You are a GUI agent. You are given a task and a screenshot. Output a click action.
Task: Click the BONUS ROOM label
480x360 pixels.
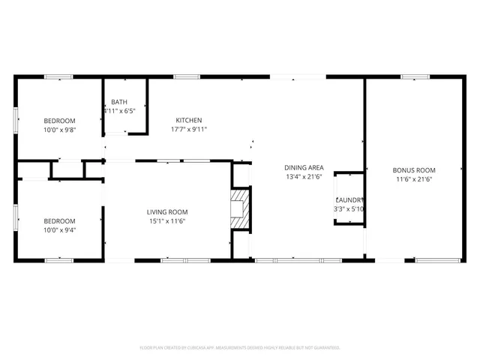(x=414, y=169)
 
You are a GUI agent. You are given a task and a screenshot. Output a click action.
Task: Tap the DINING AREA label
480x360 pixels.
(x=304, y=167)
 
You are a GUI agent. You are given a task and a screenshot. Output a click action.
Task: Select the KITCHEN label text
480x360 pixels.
(x=189, y=120)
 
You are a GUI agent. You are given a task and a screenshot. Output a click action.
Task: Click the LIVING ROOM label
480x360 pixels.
(x=166, y=211)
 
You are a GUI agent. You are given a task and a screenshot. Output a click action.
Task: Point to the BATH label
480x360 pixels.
(x=119, y=102)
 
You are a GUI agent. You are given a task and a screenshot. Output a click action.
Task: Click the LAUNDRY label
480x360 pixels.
(x=349, y=200)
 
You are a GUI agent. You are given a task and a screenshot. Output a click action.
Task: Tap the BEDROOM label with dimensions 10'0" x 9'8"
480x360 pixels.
(x=59, y=121)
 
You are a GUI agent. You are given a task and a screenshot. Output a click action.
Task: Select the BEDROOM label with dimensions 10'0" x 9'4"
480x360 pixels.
(x=59, y=220)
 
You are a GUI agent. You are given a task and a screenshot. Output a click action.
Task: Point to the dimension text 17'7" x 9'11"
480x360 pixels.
(x=189, y=129)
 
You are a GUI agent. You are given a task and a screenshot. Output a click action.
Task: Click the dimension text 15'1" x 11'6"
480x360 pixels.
(x=166, y=220)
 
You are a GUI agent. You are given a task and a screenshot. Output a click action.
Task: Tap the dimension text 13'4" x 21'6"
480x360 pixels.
(x=304, y=176)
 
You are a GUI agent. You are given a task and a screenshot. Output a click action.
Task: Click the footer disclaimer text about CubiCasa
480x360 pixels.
(x=240, y=348)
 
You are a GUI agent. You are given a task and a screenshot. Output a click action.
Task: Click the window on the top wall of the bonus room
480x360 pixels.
(x=413, y=76)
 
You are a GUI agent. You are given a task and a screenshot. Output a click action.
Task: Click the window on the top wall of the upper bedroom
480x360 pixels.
(x=58, y=76)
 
